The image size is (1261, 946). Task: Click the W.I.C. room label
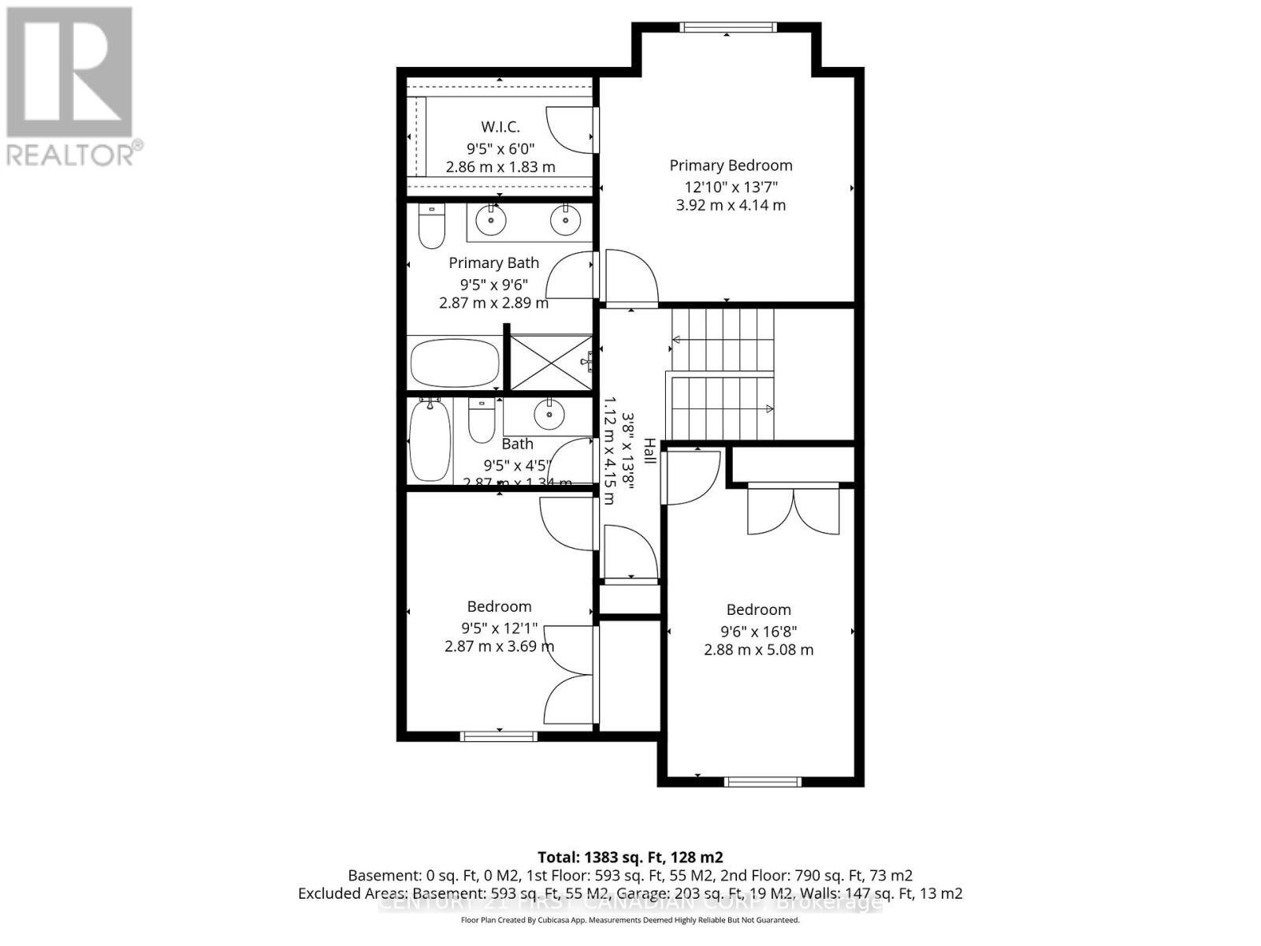point(500,127)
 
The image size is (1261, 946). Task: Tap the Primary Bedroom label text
point(731,166)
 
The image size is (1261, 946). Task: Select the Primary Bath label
point(494,263)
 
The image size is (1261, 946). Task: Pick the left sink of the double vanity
point(491,220)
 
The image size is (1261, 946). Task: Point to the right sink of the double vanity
point(565,220)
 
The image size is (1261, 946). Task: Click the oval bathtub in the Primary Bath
point(455,363)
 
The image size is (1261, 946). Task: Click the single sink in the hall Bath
point(548,413)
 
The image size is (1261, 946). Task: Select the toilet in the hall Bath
point(481,421)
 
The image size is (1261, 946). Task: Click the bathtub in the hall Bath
point(430,440)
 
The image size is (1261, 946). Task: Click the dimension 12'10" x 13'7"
point(731,187)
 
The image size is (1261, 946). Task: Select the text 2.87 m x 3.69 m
point(499,646)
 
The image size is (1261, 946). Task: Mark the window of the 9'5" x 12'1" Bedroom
point(499,736)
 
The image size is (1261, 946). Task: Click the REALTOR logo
point(71,87)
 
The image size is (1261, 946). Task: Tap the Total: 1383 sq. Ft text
point(630,857)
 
